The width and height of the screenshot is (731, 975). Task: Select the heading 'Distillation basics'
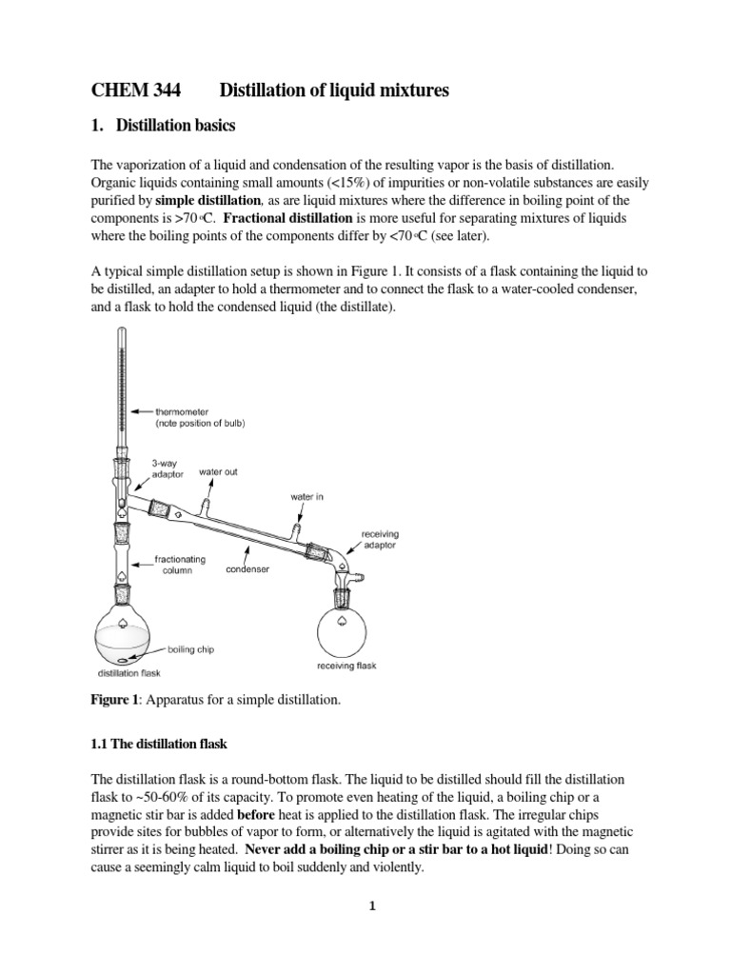(x=181, y=126)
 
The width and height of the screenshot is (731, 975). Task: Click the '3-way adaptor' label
(x=166, y=469)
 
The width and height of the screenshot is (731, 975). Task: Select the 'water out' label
(x=218, y=471)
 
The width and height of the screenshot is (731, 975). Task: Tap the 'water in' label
(x=306, y=497)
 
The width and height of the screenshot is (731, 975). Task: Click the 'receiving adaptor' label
(x=380, y=540)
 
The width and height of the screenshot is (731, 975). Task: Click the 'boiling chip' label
(x=190, y=649)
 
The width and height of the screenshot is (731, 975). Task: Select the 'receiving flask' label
(x=346, y=666)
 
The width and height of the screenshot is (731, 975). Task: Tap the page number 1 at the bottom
(x=373, y=905)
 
